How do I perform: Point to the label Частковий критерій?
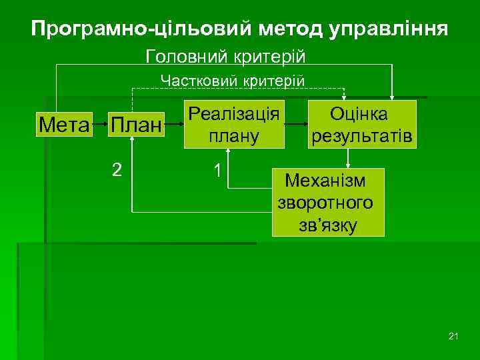[233, 81]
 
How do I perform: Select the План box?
[136, 125]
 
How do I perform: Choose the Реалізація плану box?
[234, 124]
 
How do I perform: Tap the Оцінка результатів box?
[362, 124]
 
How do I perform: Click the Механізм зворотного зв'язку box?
[328, 202]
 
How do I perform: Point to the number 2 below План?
[117, 170]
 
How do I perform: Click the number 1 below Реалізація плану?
[217, 170]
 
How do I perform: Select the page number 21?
[454, 335]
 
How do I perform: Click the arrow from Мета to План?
[100, 125]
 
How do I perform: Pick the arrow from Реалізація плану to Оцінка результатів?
[296, 125]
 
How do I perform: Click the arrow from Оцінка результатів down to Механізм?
[348, 157]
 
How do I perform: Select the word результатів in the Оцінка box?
[362, 137]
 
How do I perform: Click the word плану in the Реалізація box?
[234, 137]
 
